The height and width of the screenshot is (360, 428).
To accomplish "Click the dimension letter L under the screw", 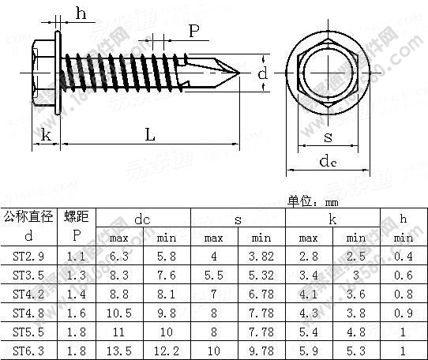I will click(x=149, y=135).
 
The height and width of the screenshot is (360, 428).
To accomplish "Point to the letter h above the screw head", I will click(x=81, y=12).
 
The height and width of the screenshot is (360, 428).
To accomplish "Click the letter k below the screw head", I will click(x=47, y=136).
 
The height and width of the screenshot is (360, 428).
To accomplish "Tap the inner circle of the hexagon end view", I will click(x=327, y=73).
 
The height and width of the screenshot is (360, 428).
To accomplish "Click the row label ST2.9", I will click(x=29, y=255).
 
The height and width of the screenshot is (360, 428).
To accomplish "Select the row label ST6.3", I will click(x=29, y=350).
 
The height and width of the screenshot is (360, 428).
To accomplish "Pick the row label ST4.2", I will click(x=29, y=293).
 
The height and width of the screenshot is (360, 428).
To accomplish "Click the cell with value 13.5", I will click(x=119, y=350).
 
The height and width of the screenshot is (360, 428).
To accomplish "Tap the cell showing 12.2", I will click(x=167, y=350).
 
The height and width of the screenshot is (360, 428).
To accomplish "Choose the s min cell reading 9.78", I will click(x=261, y=350).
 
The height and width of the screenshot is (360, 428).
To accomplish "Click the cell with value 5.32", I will click(x=261, y=274).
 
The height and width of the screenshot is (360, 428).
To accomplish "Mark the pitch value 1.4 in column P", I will click(x=76, y=293).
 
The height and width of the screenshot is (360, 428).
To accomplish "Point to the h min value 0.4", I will click(x=404, y=255).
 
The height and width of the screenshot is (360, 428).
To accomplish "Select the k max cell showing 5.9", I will click(x=309, y=350).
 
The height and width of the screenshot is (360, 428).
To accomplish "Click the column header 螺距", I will click(x=76, y=216).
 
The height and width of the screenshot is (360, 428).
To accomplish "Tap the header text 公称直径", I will click(x=29, y=216).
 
